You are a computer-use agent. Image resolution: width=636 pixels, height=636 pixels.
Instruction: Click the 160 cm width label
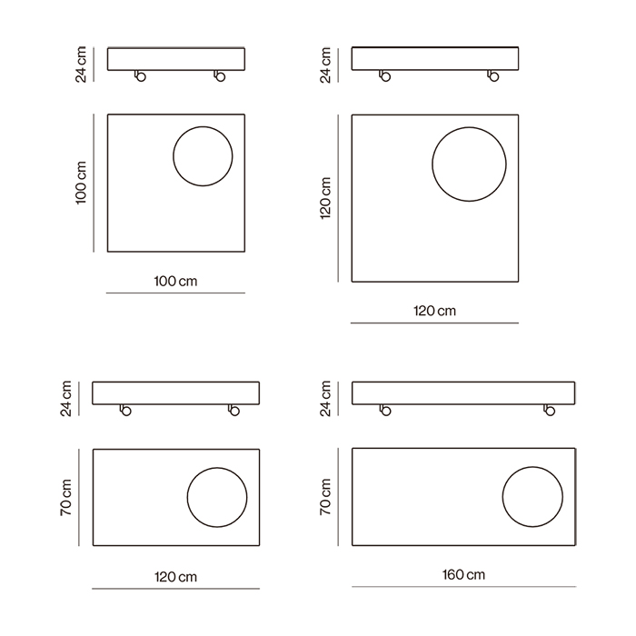click(463, 575)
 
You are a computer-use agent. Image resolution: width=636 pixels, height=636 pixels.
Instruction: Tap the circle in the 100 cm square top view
click(174, 156)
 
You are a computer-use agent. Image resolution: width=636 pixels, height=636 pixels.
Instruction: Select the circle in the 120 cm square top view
click(432, 164)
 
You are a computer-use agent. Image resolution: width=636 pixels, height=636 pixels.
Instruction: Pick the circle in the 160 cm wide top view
click(502, 497)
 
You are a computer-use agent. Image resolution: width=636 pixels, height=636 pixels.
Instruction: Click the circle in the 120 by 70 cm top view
click(187, 497)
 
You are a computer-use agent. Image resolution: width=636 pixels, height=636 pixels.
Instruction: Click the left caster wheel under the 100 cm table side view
click(140, 75)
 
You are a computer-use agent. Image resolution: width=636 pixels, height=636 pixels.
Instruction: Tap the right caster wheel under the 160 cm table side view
click(550, 411)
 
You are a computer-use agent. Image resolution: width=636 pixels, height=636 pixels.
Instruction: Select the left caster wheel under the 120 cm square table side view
click(385, 75)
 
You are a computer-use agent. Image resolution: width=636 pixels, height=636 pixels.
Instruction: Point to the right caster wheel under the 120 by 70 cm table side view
click(234, 411)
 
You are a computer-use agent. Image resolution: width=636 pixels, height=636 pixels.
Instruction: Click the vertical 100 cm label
click(81, 183)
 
